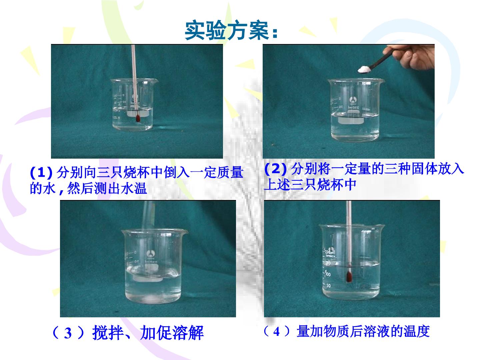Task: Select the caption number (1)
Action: pyautogui.click(x=41, y=172)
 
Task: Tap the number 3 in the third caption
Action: pyautogui.click(x=68, y=333)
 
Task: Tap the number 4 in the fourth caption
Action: pyautogui.click(x=276, y=332)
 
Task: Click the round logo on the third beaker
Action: pyautogui.click(x=150, y=254)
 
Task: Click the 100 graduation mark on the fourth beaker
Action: pyautogui.click(x=327, y=274)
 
